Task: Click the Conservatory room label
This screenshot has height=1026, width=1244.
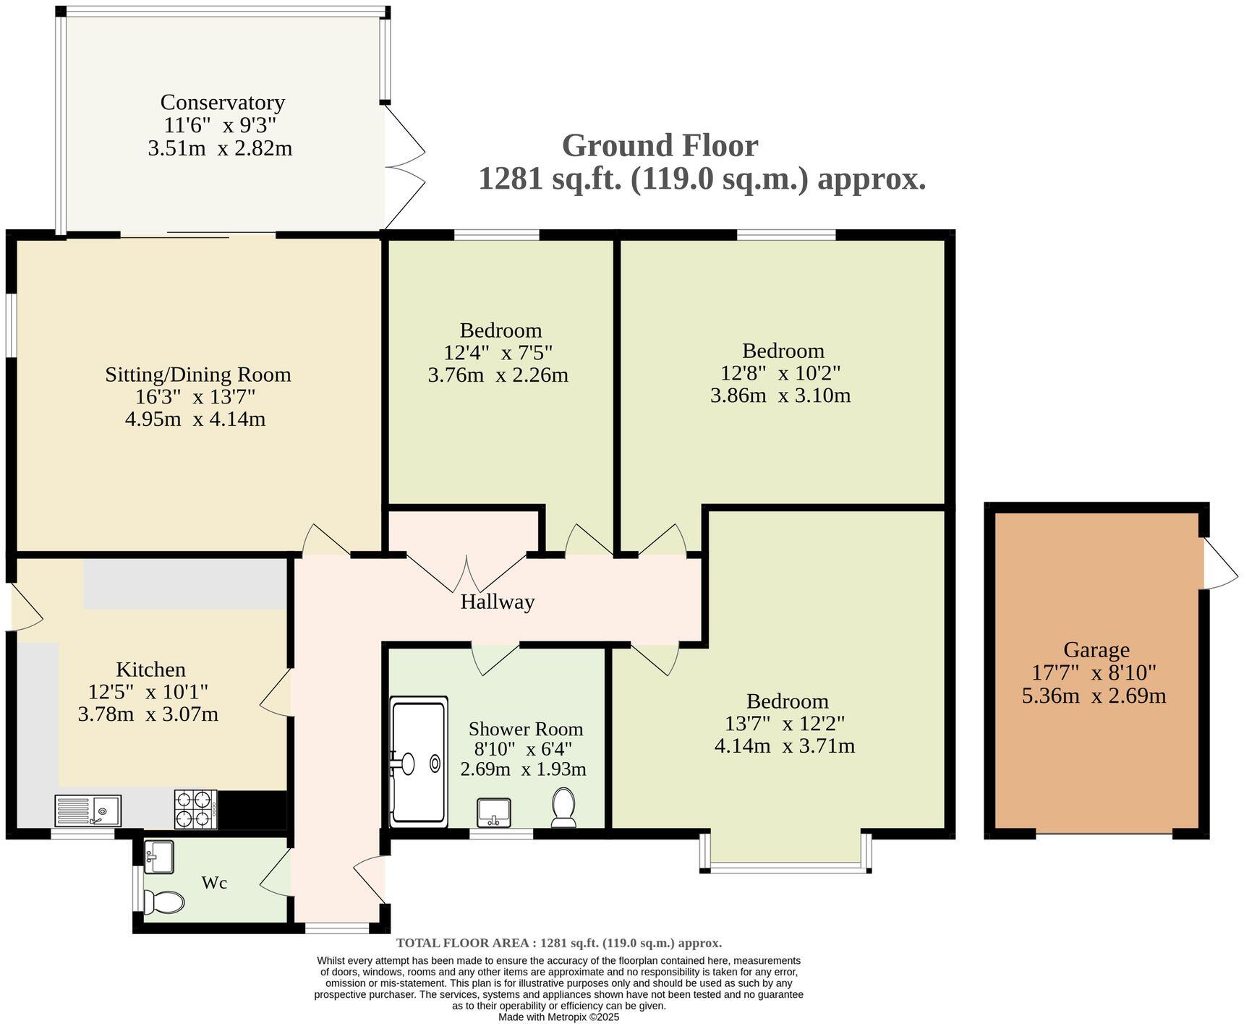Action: (222, 102)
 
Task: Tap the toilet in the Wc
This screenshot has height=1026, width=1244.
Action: (164, 902)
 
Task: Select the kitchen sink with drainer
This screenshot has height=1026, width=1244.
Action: (88, 810)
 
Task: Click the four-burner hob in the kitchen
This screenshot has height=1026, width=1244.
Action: (195, 809)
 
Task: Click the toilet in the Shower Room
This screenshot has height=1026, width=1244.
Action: (563, 808)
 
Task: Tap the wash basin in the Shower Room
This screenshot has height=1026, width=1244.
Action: (494, 812)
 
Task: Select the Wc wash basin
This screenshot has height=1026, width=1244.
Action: (158, 856)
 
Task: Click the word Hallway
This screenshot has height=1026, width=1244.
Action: (497, 602)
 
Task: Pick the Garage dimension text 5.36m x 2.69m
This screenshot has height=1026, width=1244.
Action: (1094, 696)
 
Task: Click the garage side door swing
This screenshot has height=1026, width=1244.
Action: (1219, 564)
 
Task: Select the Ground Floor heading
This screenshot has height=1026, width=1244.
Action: (660, 145)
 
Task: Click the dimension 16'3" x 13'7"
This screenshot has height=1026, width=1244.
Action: (195, 397)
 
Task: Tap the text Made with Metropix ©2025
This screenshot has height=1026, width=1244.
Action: (558, 1017)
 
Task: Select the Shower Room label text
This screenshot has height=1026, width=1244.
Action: (525, 729)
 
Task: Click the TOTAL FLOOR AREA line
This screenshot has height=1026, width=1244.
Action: (558, 943)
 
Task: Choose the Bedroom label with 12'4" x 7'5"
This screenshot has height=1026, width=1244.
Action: (500, 330)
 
